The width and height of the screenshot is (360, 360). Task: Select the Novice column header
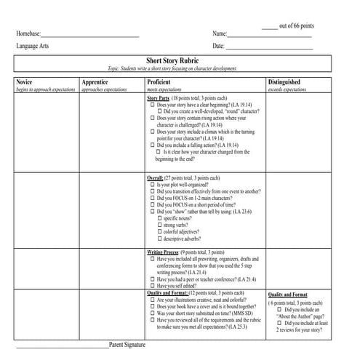(x=25, y=83)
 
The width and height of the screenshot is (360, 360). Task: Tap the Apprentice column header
(x=95, y=83)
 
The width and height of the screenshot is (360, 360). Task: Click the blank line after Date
(x=269, y=48)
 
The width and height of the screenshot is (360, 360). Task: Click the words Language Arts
(x=34, y=47)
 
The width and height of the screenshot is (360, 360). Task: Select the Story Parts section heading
(x=158, y=97)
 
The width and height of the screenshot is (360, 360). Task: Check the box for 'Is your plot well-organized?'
(x=152, y=185)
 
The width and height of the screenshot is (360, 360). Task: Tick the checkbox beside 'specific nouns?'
(x=160, y=217)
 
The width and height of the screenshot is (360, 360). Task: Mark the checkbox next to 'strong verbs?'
(x=160, y=224)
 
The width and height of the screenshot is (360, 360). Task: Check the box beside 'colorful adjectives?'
(x=160, y=231)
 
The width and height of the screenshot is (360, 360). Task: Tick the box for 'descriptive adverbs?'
(x=160, y=238)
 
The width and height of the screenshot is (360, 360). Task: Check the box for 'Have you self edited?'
(x=152, y=286)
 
